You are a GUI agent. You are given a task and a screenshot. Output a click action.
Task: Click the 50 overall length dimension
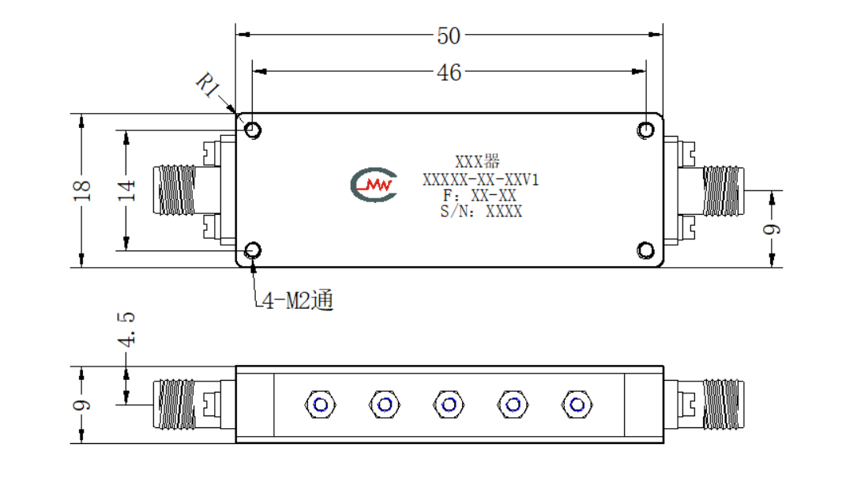[449, 36]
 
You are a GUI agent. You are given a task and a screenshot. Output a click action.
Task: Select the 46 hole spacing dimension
[449, 72]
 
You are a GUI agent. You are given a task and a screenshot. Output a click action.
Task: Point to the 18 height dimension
[81, 190]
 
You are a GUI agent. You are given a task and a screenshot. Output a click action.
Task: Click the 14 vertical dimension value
[126, 190]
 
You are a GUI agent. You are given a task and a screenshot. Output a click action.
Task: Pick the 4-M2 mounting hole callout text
[298, 300]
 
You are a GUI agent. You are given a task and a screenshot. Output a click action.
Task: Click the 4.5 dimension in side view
[126, 329]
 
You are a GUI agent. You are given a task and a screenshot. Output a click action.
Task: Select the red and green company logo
[374, 185]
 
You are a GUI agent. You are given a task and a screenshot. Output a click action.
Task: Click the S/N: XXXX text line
[481, 212]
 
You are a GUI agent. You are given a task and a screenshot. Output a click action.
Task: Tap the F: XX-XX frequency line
[479, 196]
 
